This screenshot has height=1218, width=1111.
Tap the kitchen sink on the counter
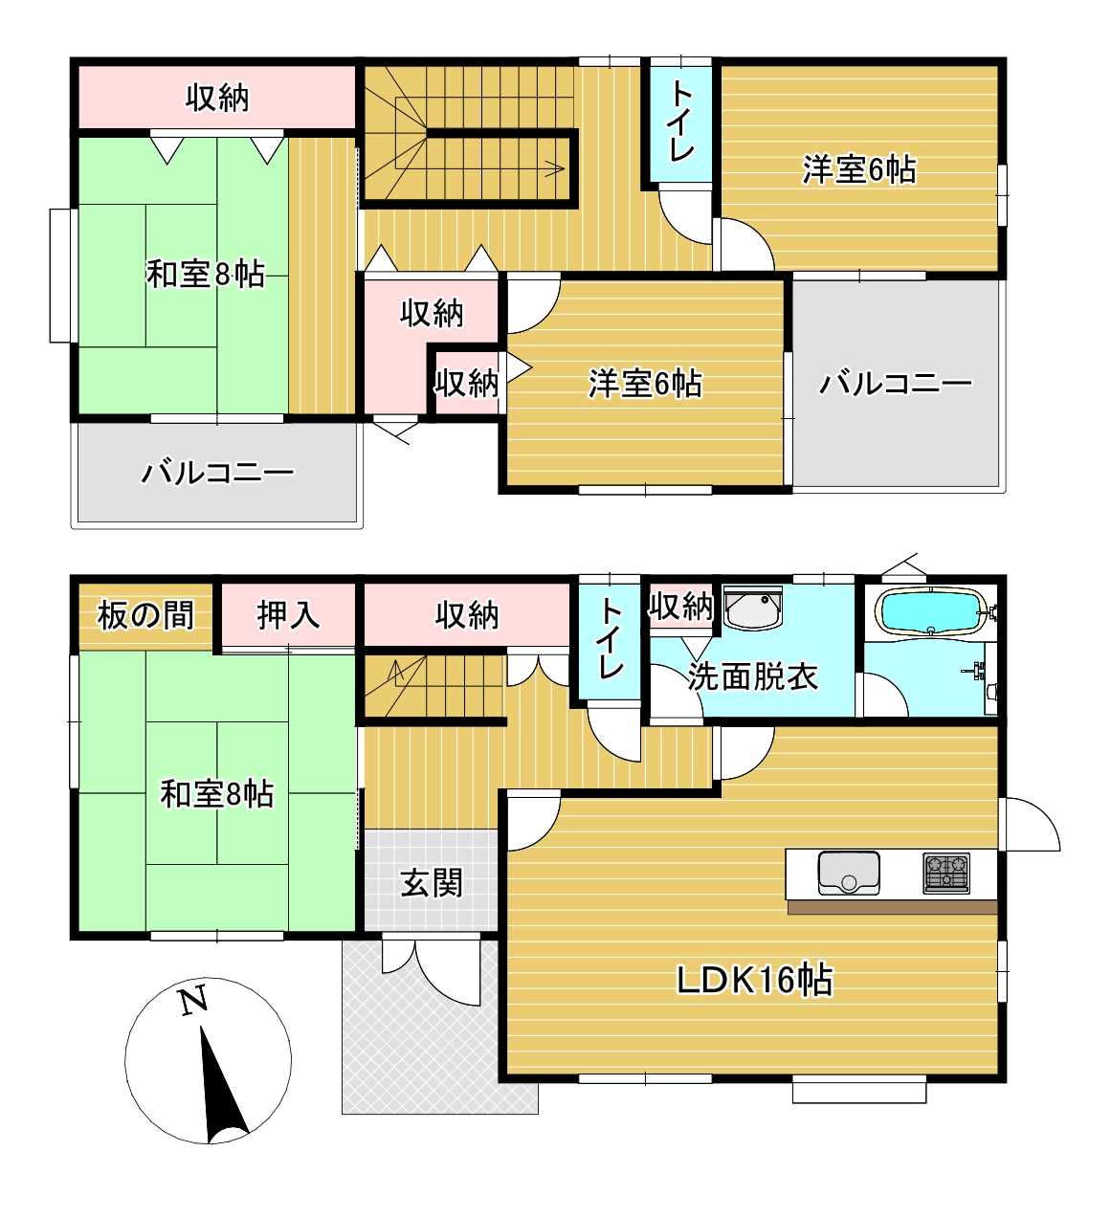tap(849, 874)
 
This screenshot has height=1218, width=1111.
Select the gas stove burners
tap(946, 874)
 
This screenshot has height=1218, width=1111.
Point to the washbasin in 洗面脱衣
tap(751, 608)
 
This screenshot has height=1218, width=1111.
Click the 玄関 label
tap(432, 882)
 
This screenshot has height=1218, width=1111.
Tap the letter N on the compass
tap(194, 1000)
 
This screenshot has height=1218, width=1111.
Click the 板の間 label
tap(145, 615)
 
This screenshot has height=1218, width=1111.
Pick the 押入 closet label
tap(288, 615)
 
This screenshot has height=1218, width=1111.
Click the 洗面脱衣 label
tap(752, 675)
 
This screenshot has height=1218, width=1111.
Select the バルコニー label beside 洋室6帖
tap(896, 383)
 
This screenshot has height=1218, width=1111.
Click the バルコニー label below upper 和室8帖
tap(217, 472)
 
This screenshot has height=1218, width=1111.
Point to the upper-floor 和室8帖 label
tap(206, 274)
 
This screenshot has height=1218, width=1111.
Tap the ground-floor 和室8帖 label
tap(217, 793)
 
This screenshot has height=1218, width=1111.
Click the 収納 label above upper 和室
tap(217, 98)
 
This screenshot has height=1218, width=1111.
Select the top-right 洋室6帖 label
tap(859, 169)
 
